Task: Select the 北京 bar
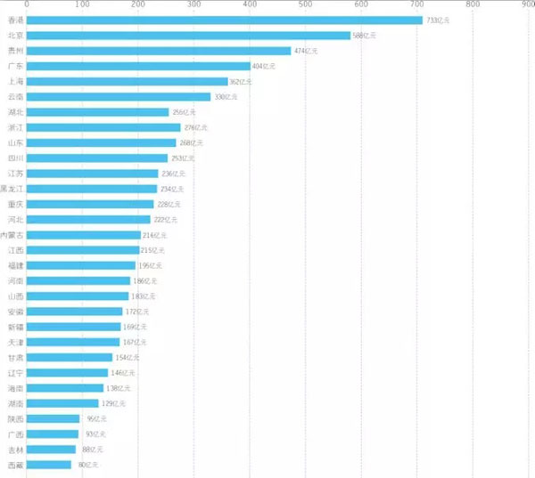188,36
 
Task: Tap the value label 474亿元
306,51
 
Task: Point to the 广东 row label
15,67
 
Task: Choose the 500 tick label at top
306,5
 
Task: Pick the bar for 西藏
49,465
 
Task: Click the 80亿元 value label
88,465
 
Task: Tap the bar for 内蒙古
84,235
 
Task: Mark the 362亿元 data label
241,82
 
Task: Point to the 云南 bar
119,97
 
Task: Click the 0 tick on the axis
27,5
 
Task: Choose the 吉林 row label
15,450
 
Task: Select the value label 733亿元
439,20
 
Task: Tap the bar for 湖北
98,112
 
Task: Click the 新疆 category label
15,327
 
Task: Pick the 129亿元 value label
114,403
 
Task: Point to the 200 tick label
138,5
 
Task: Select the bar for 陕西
53,418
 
